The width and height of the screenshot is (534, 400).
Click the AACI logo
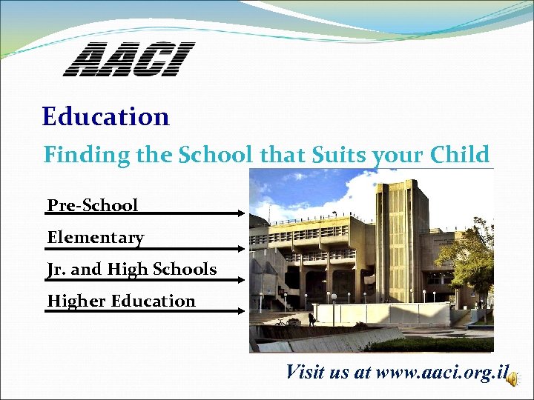[128, 60]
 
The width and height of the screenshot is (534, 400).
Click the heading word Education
[106, 117]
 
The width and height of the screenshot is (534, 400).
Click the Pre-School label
[93, 205]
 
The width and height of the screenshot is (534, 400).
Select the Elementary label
[96, 238]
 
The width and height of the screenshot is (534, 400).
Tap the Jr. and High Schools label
[132, 270]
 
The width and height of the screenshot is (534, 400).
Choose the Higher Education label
[122, 301]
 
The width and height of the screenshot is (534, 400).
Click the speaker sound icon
[513, 378]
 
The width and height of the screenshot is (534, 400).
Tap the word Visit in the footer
[306, 372]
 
